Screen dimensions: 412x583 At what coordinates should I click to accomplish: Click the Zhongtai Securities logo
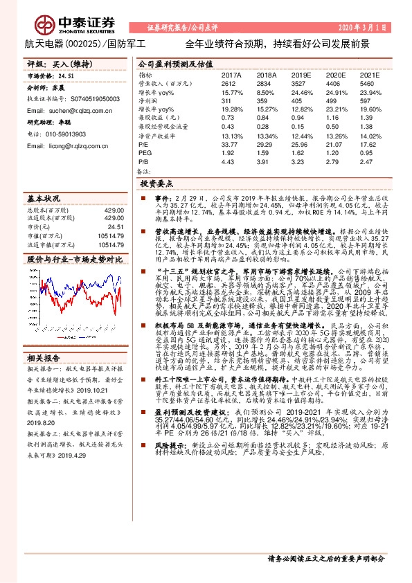coord(66,27)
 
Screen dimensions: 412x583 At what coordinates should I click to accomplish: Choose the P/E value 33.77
coord(229,145)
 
